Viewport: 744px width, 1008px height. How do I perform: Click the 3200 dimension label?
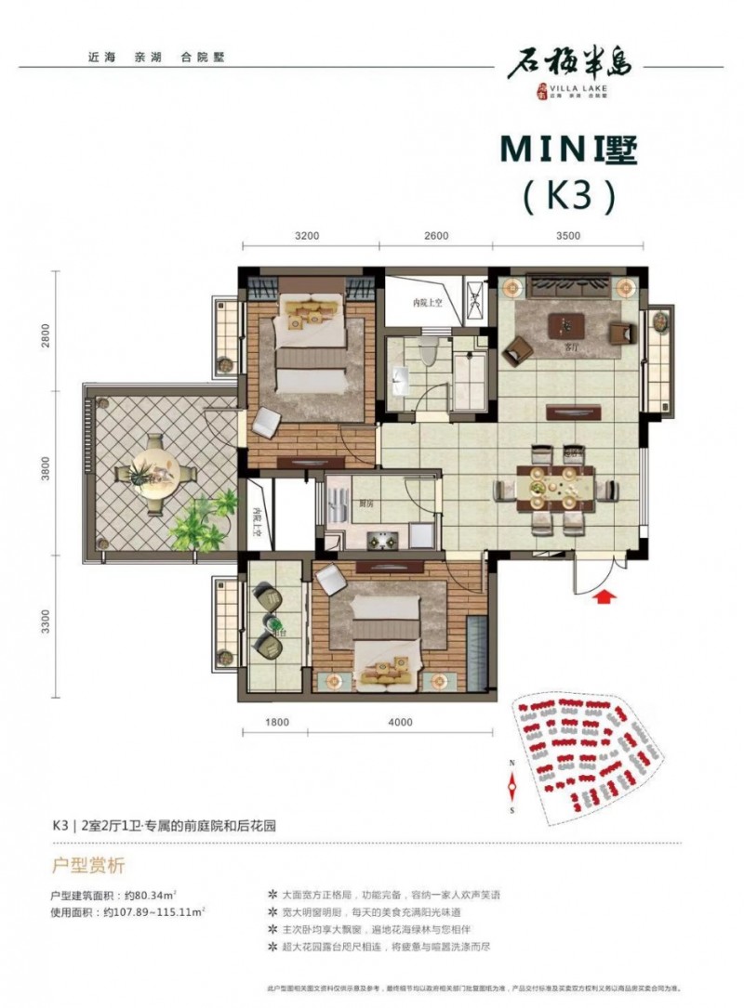pyautogui.click(x=308, y=235)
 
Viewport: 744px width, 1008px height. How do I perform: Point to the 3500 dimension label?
pyautogui.click(x=566, y=235)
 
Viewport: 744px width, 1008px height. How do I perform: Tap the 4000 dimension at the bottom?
pyautogui.click(x=400, y=721)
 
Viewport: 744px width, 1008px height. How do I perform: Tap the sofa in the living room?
pyautogui.click(x=567, y=287)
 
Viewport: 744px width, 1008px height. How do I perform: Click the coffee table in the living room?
pyautogui.click(x=566, y=324)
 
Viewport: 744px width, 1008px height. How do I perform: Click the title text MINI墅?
pyautogui.click(x=569, y=150)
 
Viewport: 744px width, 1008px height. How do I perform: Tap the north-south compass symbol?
pyautogui.click(x=511, y=786)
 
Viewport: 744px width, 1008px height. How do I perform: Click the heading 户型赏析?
pyautogui.click(x=86, y=866)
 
